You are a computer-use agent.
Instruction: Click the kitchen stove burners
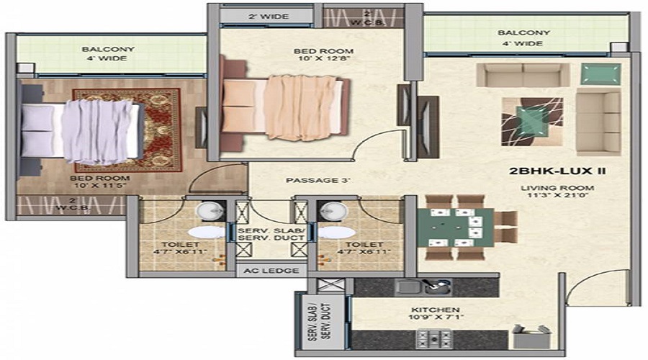click(433, 338)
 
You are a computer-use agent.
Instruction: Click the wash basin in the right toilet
click(332, 212)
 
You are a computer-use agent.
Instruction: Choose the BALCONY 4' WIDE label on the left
click(108, 55)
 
